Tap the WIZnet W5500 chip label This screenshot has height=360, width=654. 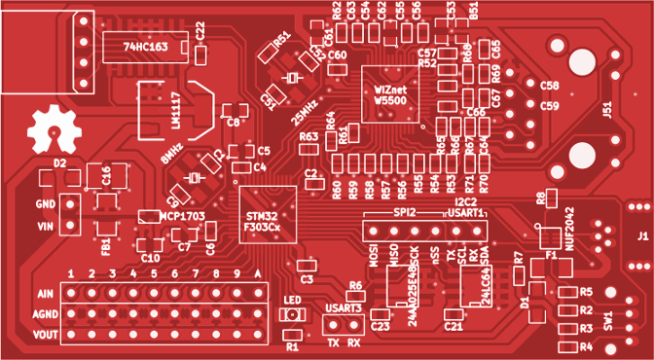click(x=389, y=94)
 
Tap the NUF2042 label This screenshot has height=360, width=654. click(x=571, y=228)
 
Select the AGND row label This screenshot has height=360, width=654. click(x=45, y=314)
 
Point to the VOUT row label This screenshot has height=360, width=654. click(x=45, y=335)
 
